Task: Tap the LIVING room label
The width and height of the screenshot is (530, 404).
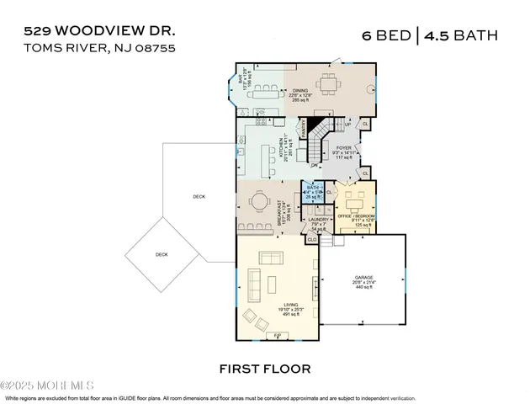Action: (x=291, y=306)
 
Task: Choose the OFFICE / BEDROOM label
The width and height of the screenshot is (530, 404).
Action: (x=355, y=216)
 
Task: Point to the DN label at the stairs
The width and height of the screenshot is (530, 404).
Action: (x=314, y=165)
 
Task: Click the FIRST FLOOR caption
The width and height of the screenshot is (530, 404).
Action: (x=265, y=369)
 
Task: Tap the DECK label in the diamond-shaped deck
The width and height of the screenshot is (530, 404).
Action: (x=162, y=254)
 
